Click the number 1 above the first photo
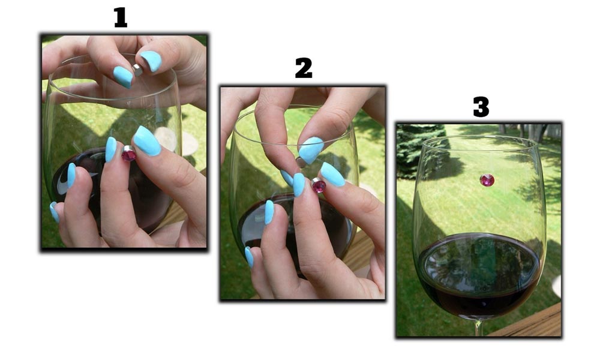pyautogui.click(x=121, y=18)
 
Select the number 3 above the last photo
pyautogui.click(x=481, y=107)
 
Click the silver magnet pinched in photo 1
pyautogui.click(x=137, y=70)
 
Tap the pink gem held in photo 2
pyautogui.click(x=319, y=185)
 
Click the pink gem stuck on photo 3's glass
pyautogui.click(x=487, y=180)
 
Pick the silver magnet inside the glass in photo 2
pyautogui.click(x=301, y=162)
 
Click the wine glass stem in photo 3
pyautogui.click(x=478, y=328)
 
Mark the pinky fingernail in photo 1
pyautogui.click(x=54, y=212)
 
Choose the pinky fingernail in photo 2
pyautogui.click(x=249, y=257)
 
